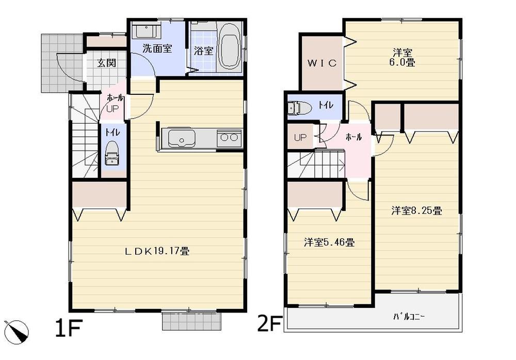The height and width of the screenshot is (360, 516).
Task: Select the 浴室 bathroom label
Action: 203,51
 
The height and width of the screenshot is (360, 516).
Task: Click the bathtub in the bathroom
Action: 229,46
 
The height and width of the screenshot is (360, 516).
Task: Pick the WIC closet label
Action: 322,63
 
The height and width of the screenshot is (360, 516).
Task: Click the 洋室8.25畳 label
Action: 415,210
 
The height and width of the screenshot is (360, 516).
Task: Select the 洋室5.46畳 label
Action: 328,241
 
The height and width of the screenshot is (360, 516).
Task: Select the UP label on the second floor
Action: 300,138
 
